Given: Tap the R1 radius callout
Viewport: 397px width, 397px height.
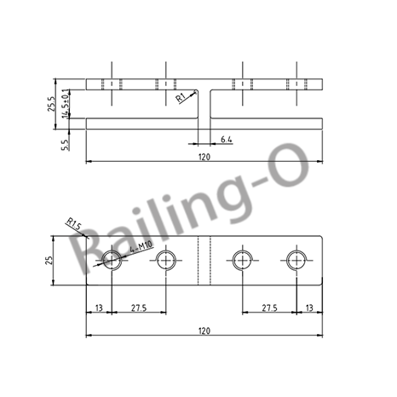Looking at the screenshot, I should (x=182, y=98).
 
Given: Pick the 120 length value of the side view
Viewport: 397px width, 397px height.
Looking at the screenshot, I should (x=204, y=156).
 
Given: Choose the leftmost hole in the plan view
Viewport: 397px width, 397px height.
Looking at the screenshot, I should (x=112, y=260).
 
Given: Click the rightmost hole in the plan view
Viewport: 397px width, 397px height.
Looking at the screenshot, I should (x=296, y=260).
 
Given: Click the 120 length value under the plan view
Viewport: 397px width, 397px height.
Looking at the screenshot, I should (x=204, y=331).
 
